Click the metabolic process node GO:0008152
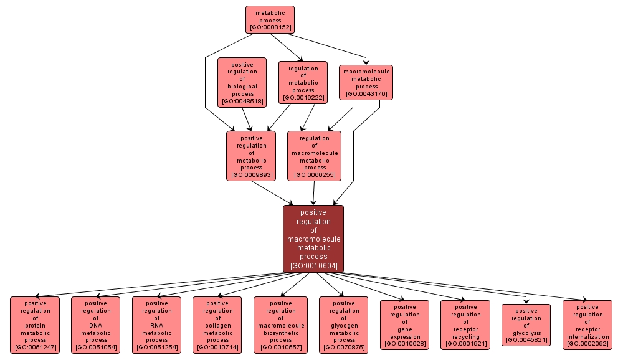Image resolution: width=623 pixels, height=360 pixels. pos(270,19)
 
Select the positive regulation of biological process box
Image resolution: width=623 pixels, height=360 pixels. pos(242,82)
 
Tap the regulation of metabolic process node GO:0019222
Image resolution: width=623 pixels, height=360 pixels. pos(303,82)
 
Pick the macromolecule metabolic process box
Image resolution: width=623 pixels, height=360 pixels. pos(366,82)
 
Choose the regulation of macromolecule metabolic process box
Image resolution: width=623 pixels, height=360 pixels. pos(315,156)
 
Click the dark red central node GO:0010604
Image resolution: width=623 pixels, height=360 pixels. pos(313,239)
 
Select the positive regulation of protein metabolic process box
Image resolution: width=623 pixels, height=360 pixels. pos(35,325)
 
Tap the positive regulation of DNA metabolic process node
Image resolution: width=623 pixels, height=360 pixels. pos(96,325)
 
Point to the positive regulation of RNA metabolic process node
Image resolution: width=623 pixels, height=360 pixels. pos(157,325)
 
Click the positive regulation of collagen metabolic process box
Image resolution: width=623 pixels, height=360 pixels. pos(217,325)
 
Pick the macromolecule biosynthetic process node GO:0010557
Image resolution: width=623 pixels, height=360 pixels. pos(280,325)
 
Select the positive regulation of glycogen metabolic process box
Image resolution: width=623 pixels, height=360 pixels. pos(344,325)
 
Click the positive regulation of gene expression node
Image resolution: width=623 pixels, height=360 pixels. pos(405,325)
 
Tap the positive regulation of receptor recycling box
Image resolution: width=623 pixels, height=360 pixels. pos(465,325)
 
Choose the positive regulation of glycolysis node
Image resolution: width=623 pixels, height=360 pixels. pos(526,325)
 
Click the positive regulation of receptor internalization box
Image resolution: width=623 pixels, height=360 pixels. pos(587,325)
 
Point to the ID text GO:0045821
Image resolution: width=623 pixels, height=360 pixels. pos(526,340)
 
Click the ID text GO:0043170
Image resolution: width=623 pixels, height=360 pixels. pos(366,94)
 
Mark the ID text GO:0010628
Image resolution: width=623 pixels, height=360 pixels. pos(405,344)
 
